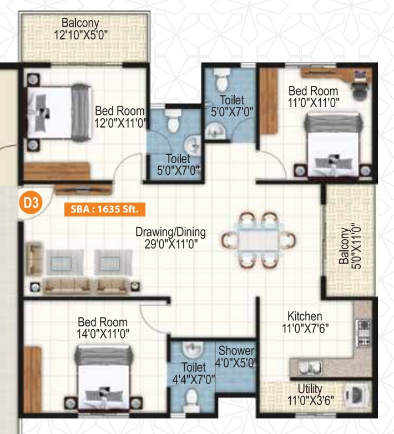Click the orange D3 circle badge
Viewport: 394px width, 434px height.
point(31,203)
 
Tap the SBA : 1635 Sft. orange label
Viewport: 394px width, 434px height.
point(104,209)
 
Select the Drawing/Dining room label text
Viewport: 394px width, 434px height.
point(171,238)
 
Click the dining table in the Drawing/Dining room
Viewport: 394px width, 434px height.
point(259,240)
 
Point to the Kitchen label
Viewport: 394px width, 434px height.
point(305,322)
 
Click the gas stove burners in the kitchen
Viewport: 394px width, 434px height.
point(363,333)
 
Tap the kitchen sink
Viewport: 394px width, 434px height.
point(310,368)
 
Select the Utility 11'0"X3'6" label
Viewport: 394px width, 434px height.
point(310,395)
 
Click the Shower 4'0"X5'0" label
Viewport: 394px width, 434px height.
point(236,357)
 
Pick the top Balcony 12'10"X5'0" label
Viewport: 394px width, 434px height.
point(80,29)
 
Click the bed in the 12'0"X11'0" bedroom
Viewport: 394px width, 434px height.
point(59,113)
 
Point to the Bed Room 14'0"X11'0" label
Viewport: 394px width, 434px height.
point(103,328)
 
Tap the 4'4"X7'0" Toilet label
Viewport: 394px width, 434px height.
point(194,374)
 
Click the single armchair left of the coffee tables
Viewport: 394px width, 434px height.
point(34,259)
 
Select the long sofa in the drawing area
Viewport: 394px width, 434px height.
point(87,286)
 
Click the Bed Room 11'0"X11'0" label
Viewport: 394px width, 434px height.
point(314,97)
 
